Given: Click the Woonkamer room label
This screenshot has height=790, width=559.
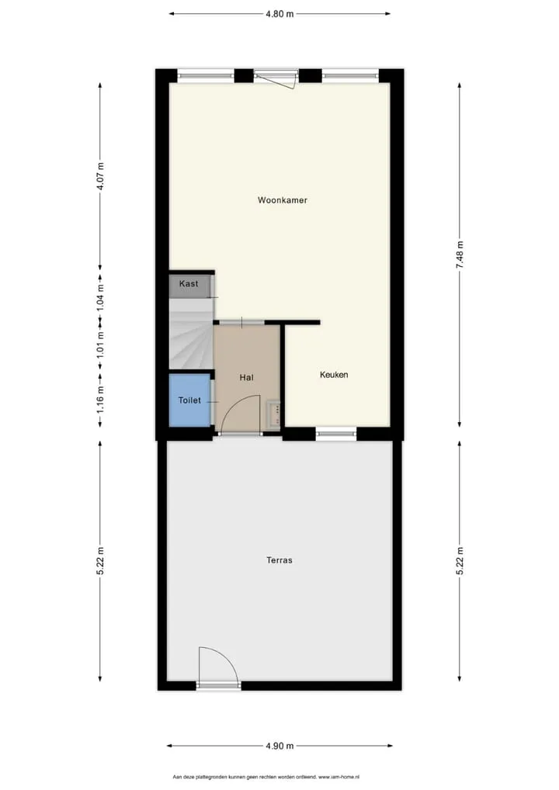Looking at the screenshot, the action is (283, 200).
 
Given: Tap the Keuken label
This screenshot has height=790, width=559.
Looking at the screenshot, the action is (334, 375).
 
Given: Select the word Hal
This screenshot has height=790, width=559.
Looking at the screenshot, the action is (246, 377).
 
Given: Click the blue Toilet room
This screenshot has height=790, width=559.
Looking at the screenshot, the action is (189, 400).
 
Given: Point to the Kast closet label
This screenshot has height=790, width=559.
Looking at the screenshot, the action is (189, 284).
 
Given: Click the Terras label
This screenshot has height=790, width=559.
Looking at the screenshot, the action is (279, 560).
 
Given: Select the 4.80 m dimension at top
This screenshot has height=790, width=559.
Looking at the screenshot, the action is (279, 14).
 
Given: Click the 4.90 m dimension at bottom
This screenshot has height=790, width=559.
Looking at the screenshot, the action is (279, 746).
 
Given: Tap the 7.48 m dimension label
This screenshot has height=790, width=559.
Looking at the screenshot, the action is (460, 255).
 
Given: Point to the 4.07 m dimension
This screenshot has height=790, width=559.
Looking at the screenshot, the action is (100, 175).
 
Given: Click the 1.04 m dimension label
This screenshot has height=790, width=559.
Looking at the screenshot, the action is (100, 297).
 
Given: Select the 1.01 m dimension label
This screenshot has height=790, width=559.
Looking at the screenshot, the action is (100, 344).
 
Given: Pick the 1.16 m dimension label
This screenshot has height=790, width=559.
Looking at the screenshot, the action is (100, 399).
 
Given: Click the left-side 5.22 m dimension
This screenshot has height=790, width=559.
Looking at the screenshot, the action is (100, 561).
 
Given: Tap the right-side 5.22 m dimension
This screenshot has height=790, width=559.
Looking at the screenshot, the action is (460, 561).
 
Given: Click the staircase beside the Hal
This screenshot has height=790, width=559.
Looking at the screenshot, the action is (189, 334).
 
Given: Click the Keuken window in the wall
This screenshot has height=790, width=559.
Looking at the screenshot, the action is (336, 433).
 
